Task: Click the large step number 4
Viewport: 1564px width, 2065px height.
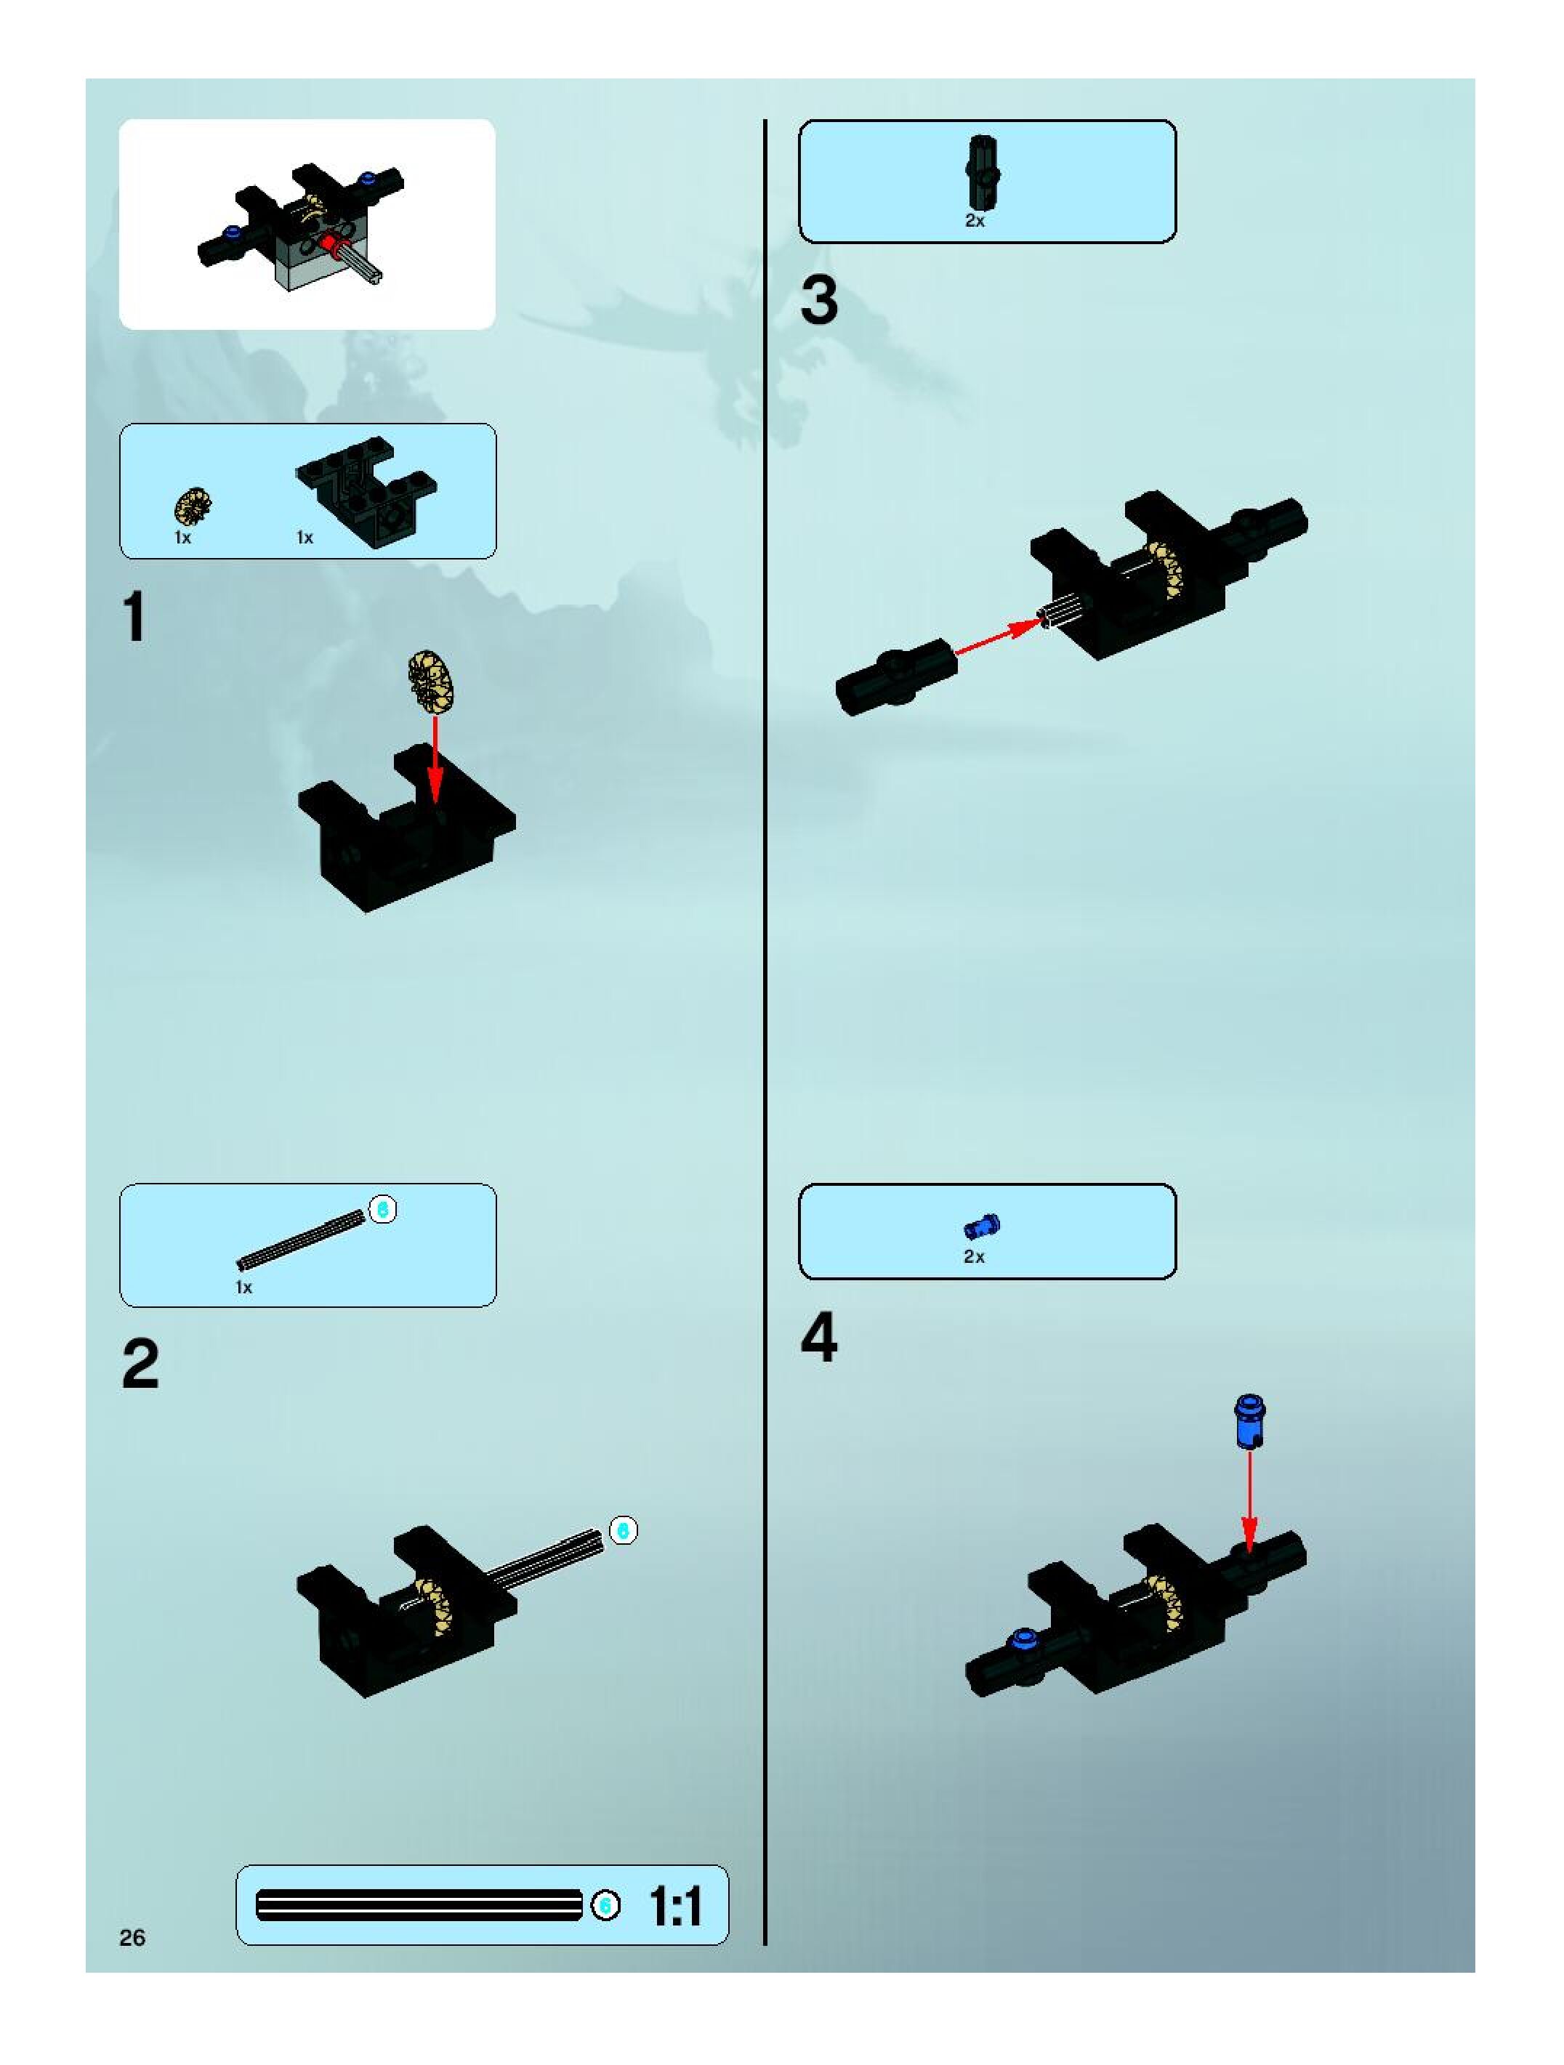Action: [819, 1338]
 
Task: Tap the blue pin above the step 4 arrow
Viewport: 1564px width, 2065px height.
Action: [1250, 1422]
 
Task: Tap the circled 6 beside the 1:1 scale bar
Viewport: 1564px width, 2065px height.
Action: [605, 1905]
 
